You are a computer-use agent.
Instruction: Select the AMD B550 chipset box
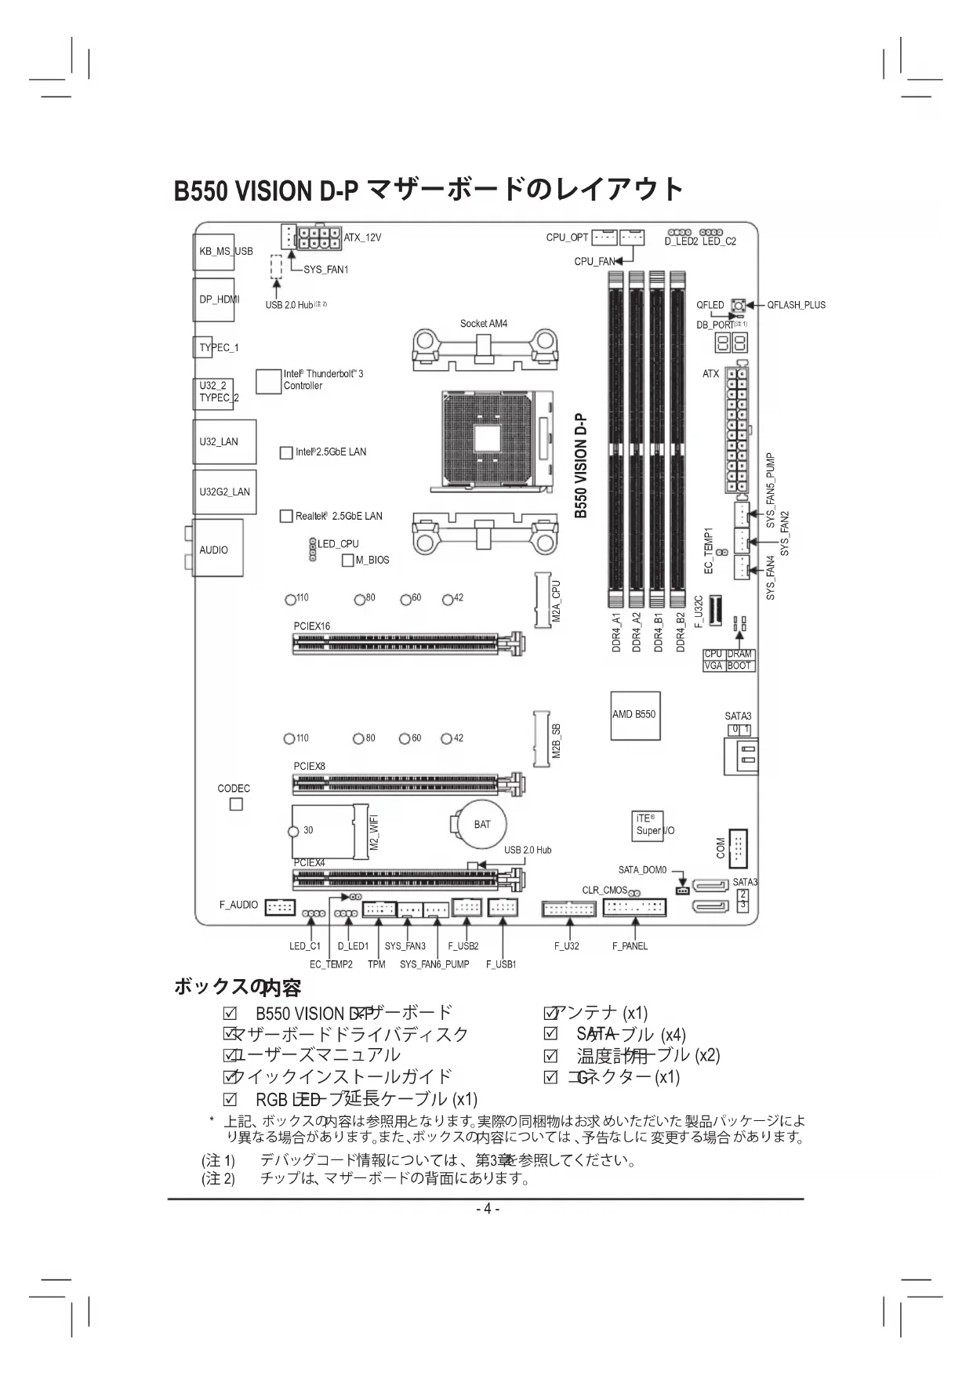pos(635,715)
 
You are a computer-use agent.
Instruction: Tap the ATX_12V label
pos(362,238)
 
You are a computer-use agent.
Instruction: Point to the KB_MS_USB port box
pos(214,251)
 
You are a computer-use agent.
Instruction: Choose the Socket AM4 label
pos(484,324)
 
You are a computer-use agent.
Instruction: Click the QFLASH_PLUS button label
pos(796,305)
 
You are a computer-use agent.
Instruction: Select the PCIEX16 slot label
pos(312,626)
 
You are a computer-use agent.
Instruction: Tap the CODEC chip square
pos(236,804)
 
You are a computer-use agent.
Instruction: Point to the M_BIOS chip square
pos(348,560)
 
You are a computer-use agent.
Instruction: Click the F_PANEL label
pos(630,946)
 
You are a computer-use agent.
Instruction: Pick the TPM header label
pos(376,964)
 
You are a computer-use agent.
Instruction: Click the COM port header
pos(737,848)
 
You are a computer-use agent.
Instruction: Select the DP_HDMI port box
pos(214,299)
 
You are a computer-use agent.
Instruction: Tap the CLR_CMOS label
pos(604,891)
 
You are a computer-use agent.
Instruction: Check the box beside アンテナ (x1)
pos(550,1014)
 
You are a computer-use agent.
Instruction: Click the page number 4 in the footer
pos(487,1208)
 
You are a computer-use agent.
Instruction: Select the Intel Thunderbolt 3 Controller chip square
pos(268,381)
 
